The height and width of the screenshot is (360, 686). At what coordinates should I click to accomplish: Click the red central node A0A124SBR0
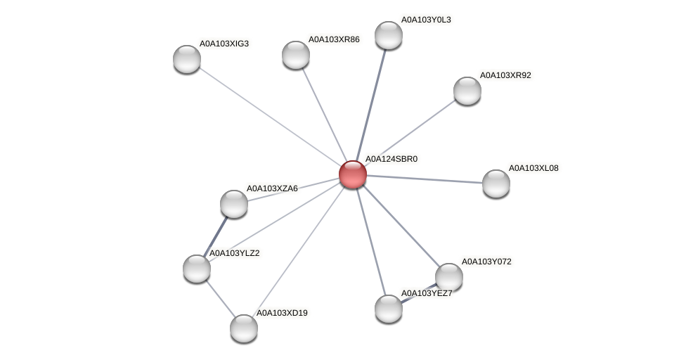(353, 174)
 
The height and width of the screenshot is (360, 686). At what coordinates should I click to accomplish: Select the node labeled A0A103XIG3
(187, 59)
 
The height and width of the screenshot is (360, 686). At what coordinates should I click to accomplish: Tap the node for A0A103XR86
(296, 55)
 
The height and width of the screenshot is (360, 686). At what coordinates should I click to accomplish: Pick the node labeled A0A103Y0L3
(389, 35)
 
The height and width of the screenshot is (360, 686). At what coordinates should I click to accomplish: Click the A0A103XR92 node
(467, 91)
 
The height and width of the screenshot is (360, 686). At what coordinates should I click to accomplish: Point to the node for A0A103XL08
(496, 184)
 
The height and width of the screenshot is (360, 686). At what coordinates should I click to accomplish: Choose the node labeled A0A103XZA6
(234, 204)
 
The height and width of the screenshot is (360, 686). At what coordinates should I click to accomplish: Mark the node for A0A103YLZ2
(197, 269)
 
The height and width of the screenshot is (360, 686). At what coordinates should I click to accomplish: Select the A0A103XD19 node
(244, 328)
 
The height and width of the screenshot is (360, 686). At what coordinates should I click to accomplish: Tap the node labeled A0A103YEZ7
(389, 309)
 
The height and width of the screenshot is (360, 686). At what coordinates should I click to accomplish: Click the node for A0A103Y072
(449, 277)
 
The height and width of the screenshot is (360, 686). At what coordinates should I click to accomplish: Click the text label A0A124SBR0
(391, 159)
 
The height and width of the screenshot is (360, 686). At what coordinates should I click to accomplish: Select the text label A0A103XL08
(533, 168)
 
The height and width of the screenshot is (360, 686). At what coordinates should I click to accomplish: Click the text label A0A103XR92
(505, 75)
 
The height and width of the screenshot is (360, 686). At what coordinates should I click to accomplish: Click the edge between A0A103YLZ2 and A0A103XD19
(220, 298)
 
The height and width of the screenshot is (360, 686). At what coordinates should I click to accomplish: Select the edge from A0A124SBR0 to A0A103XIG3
(270, 117)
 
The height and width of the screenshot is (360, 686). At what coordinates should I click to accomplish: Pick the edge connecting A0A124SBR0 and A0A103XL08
(425, 179)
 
